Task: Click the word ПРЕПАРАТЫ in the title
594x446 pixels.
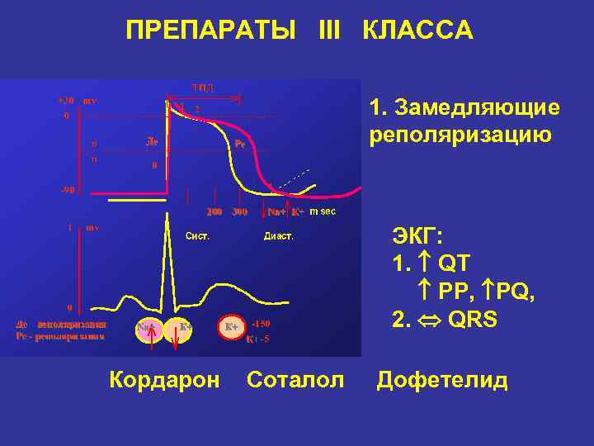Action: tap(210, 31)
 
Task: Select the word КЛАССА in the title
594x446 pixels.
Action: tap(418, 31)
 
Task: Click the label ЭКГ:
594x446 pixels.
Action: tap(417, 239)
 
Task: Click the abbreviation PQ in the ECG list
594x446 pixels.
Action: tap(515, 292)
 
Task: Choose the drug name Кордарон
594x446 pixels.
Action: tap(164, 380)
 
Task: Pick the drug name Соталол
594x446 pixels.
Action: tap(295, 380)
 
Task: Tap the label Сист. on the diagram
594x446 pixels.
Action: tap(197, 235)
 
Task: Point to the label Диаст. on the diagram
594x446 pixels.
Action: tap(278, 235)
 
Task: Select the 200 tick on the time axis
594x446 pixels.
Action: tap(214, 211)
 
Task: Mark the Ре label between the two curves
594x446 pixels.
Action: tap(239, 143)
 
